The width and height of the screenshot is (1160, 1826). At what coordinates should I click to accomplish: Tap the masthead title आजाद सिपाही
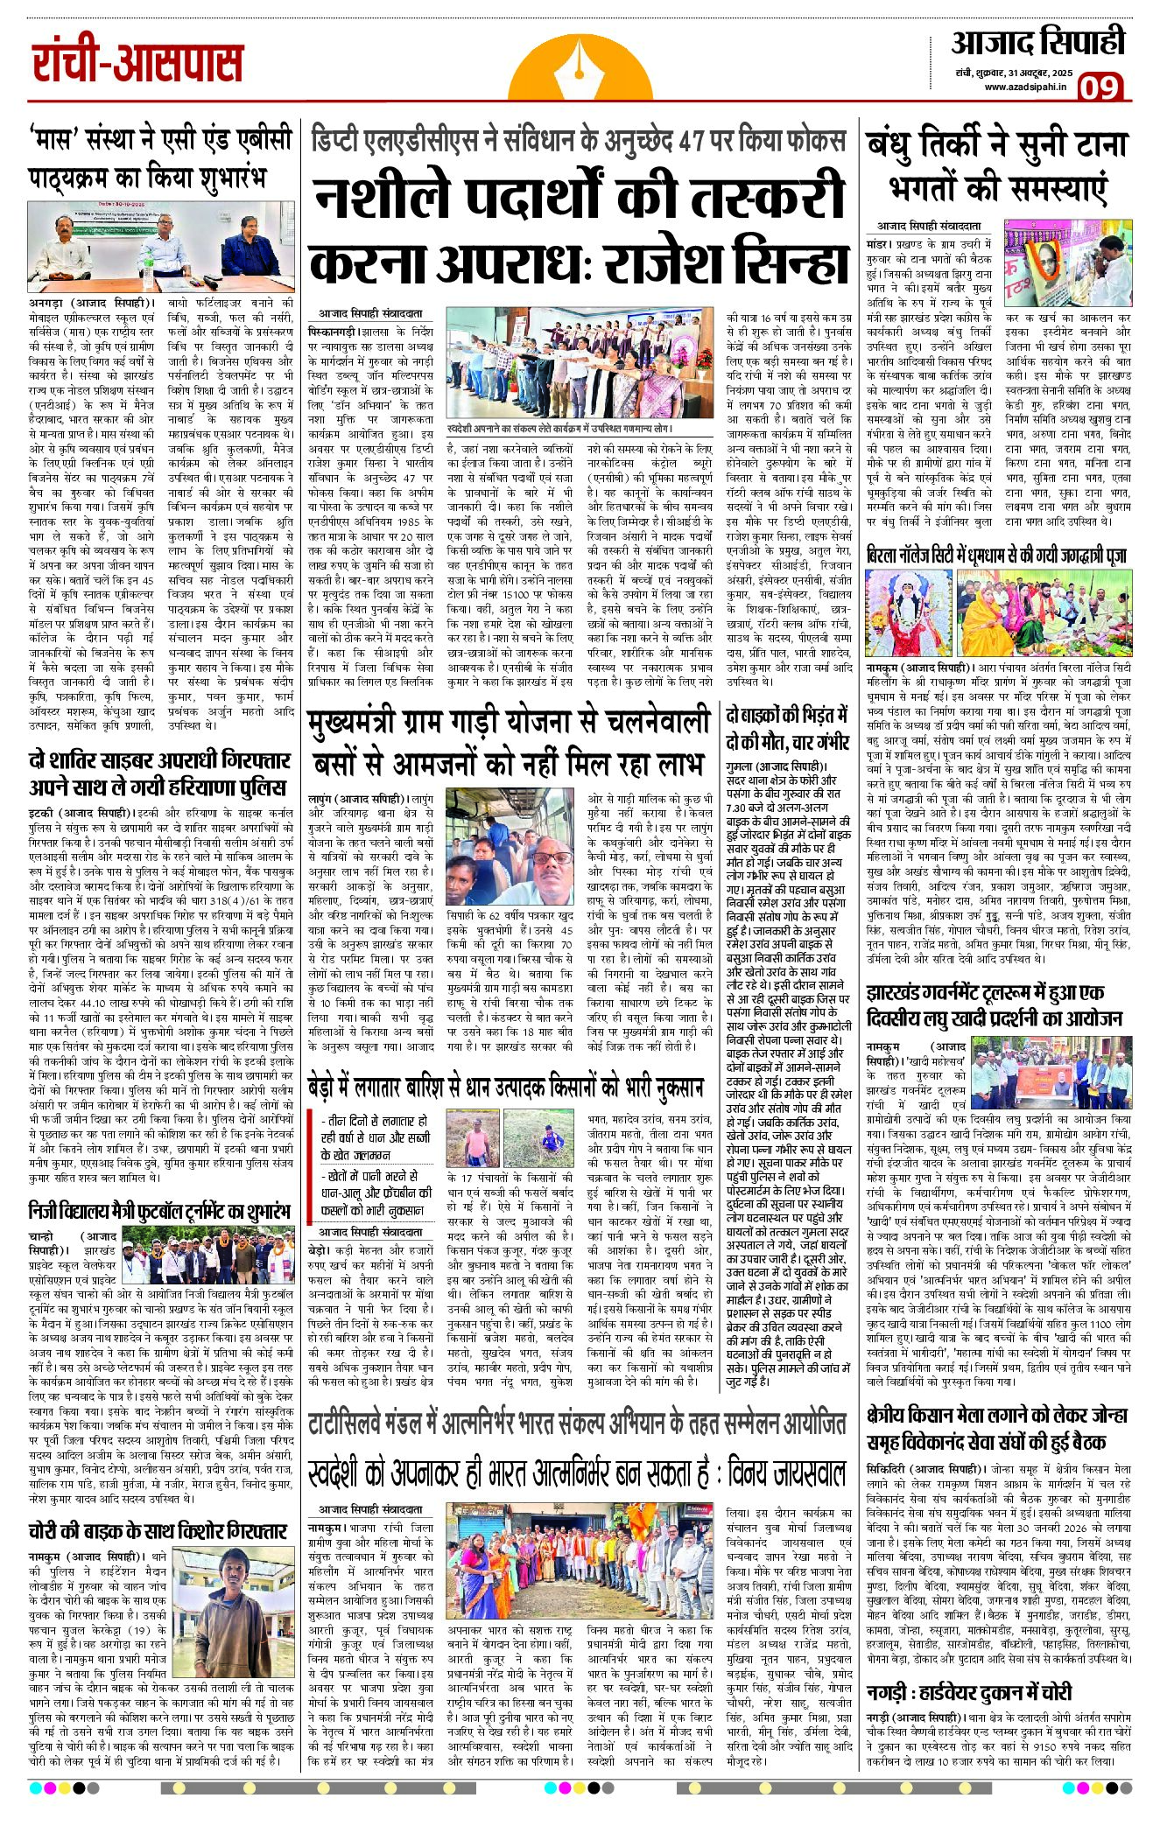click(x=1037, y=42)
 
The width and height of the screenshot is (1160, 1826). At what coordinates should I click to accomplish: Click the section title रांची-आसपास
click(x=137, y=62)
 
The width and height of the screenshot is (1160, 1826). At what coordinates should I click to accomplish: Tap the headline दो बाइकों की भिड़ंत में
click(x=787, y=728)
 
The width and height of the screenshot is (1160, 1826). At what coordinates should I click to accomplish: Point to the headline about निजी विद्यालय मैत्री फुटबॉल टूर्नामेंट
click(x=159, y=1211)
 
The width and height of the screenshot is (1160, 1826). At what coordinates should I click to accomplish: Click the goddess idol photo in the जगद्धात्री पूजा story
click(x=909, y=612)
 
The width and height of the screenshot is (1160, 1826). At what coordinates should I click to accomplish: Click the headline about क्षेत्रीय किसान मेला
click(x=997, y=1428)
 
